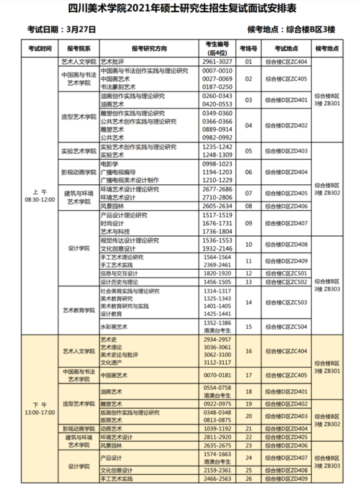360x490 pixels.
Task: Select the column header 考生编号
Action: coord(217,49)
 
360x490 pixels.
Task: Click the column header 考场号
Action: coord(248,49)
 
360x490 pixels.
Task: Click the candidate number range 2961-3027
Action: coord(217,63)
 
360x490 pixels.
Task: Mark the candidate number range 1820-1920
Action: coord(217,274)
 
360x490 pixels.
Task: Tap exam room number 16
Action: coord(248,350)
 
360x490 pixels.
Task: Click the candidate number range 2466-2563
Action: coord(217,478)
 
